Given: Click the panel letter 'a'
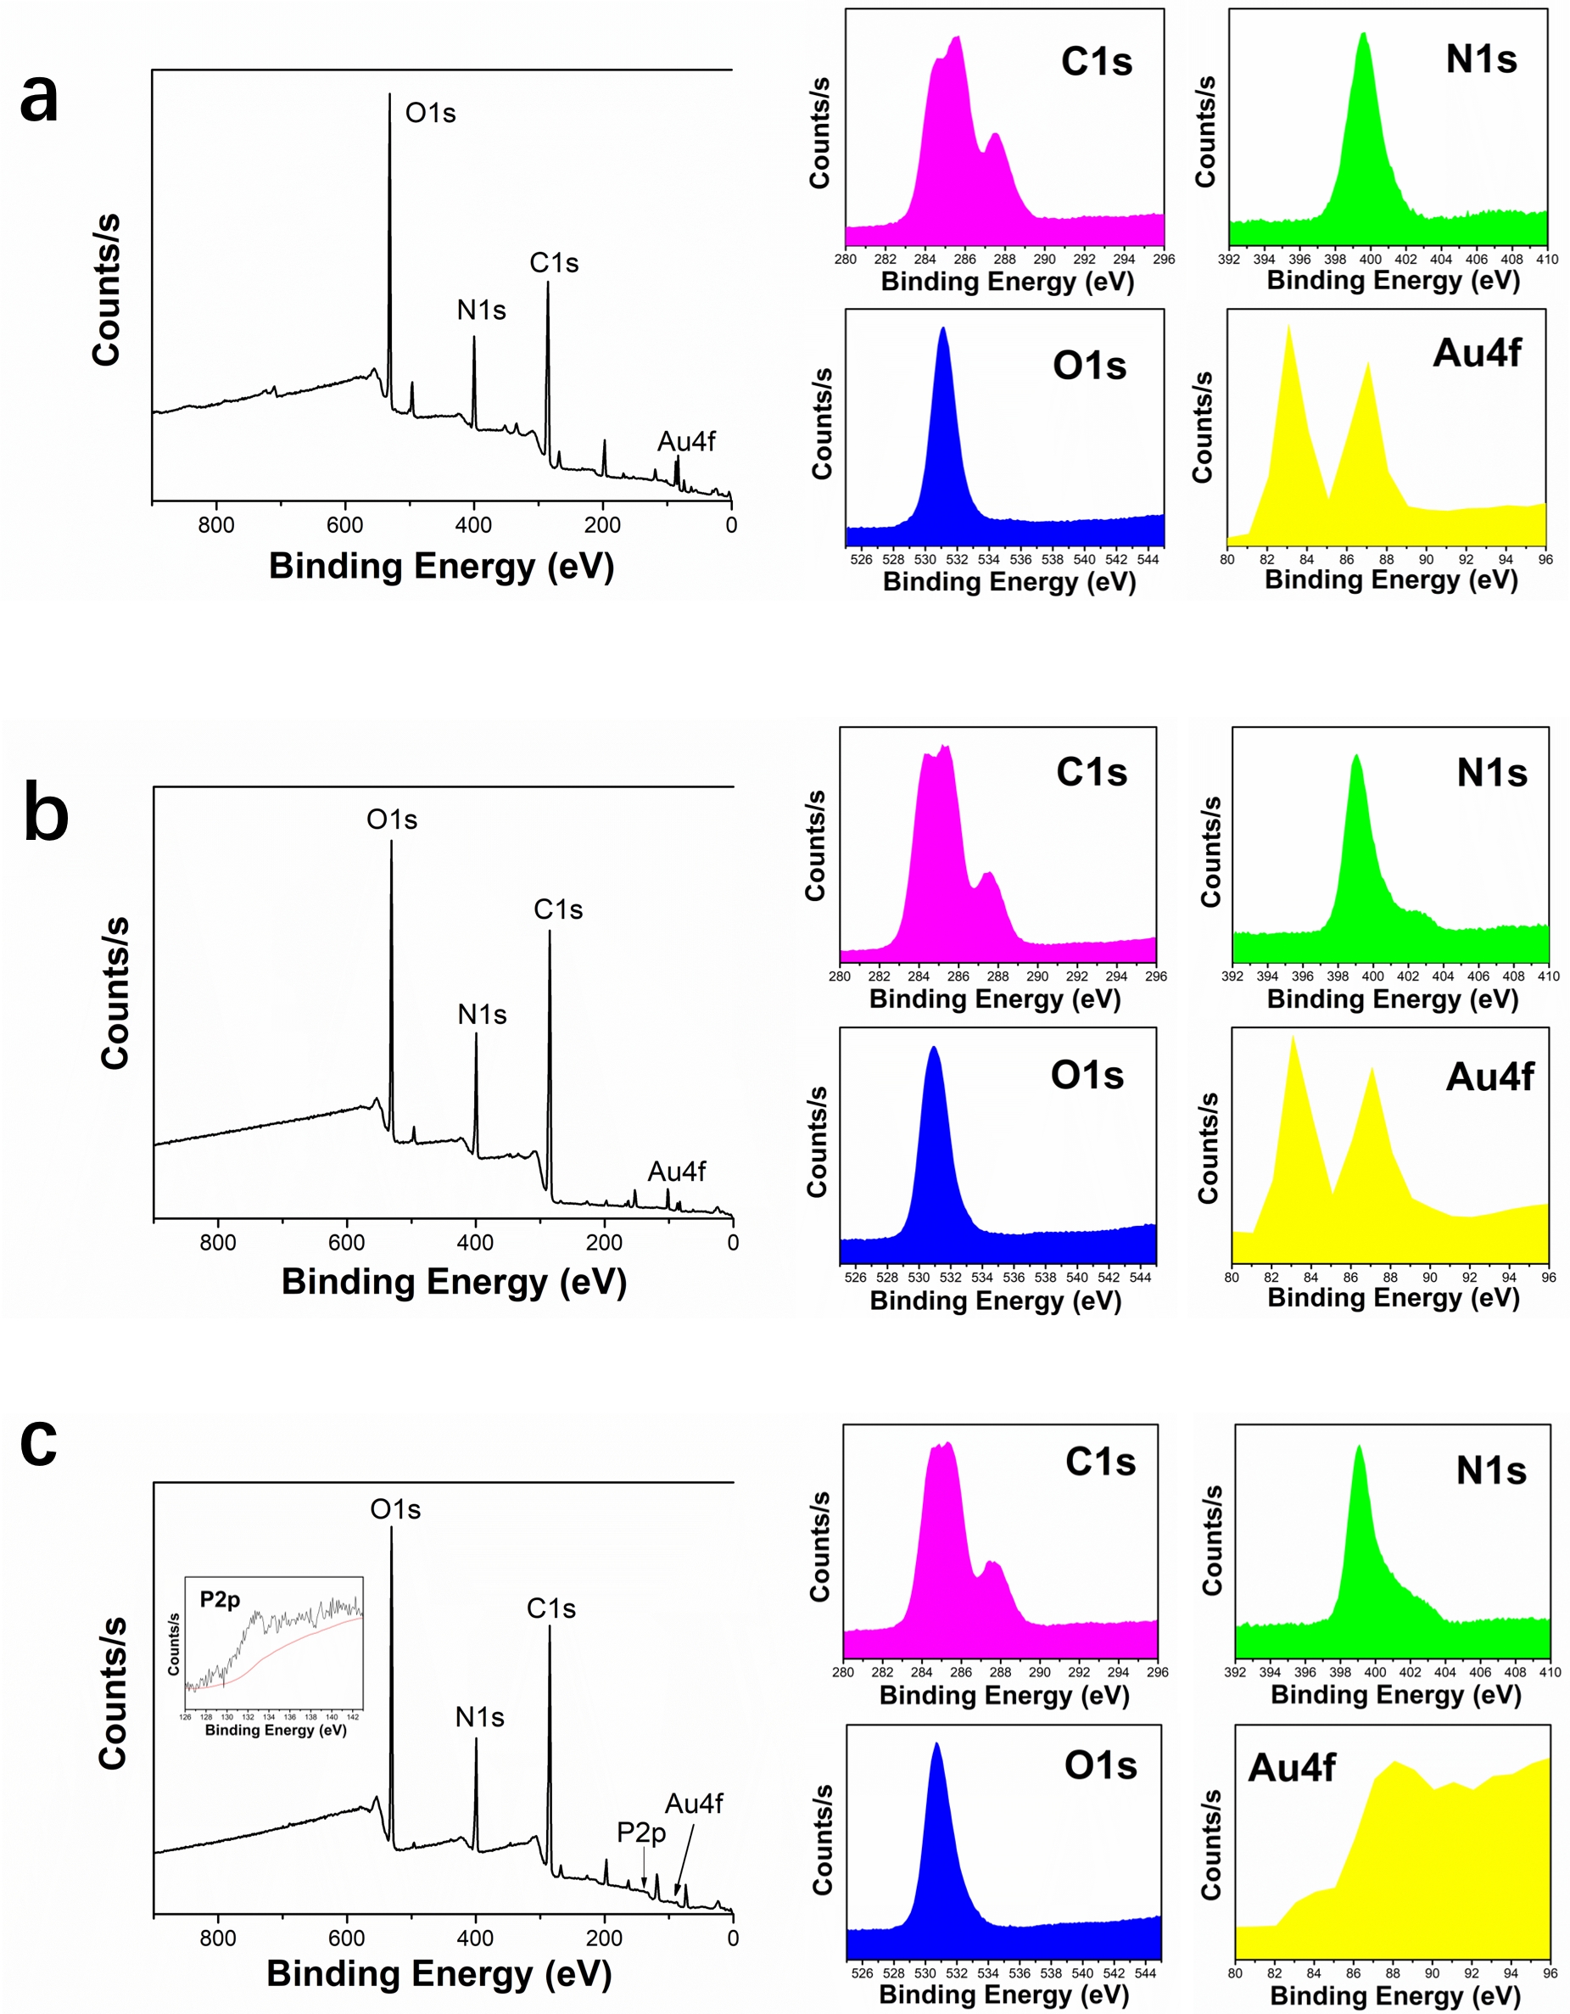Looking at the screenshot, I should coord(39,98).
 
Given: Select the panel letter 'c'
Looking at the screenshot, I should coord(39,1442).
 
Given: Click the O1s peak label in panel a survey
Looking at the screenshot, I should coord(431,114).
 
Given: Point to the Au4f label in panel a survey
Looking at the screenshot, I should coord(686,442).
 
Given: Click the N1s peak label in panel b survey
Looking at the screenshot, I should coord(482,1015).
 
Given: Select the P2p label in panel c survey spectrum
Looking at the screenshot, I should coord(641,1832).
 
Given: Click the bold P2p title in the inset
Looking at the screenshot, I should coord(221,1600).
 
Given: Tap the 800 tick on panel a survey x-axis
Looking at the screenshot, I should coord(216,526).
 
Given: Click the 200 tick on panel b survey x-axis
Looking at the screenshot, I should coord(605,1243).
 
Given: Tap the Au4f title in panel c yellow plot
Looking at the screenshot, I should coord(1292,1769).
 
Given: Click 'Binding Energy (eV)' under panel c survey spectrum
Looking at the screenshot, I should coord(439,1974).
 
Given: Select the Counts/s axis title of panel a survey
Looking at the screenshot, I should coord(107,289).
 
